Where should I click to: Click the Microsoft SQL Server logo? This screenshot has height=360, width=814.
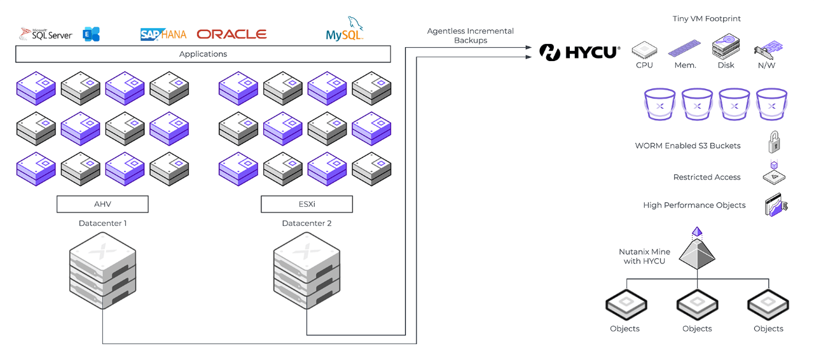[46, 34]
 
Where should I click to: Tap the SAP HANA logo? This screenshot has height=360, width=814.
[163, 34]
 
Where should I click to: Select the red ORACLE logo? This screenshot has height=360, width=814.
[231, 34]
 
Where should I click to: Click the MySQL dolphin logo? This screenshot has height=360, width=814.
[345, 30]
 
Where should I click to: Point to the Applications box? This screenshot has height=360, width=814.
[203, 54]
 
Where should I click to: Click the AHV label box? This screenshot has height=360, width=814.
[102, 204]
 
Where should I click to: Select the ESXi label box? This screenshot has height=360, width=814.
[307, 204]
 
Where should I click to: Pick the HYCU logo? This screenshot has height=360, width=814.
[579, 52]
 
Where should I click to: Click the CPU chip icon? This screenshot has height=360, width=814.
[644, 50]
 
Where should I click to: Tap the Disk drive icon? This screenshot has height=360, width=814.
[726, 46]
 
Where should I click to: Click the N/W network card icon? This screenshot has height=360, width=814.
[768, 50]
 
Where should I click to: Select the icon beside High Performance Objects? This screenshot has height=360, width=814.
[776, 206]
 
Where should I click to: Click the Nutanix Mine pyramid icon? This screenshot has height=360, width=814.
[698, 249]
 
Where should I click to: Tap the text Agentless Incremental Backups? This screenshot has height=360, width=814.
[470, 36]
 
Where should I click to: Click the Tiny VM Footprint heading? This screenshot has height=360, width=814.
[707, 19]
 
